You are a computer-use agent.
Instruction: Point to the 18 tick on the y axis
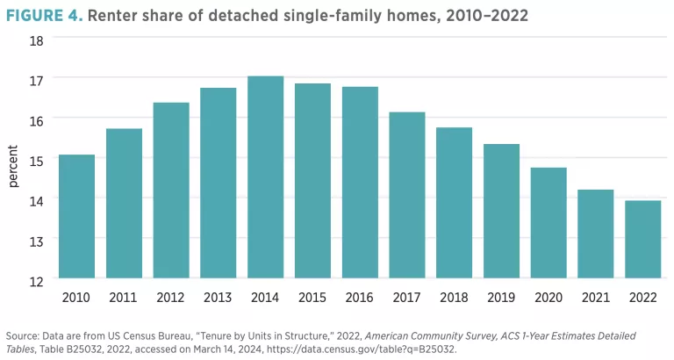click(38, 40)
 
